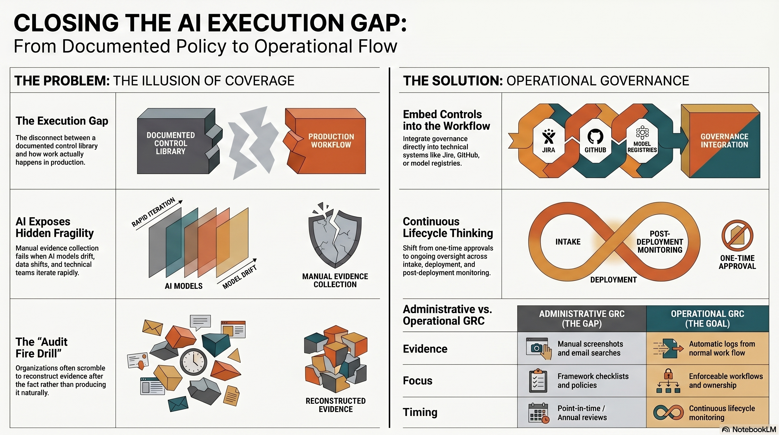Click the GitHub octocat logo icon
[x=595, y=137]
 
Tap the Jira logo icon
[x=548, y=137]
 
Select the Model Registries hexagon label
[x=642, y=147]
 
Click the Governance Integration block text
[x=724, y=141]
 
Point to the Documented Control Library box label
[x=171, y=143]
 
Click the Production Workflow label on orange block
[x=331, y=141]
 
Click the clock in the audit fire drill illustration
[x=194, y=362]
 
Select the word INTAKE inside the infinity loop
[x=568, y=242]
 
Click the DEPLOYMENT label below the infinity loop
[x=613, y=280]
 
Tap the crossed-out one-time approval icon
[x=737, y=236]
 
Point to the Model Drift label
[x=239, y=277]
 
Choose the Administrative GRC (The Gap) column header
[x=581, y=319]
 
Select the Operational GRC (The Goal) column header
[x=707, y=319]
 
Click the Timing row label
[x=420, y=412]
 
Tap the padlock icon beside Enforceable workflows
[x=668, y=374]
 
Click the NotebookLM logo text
[x=754, y=430]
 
